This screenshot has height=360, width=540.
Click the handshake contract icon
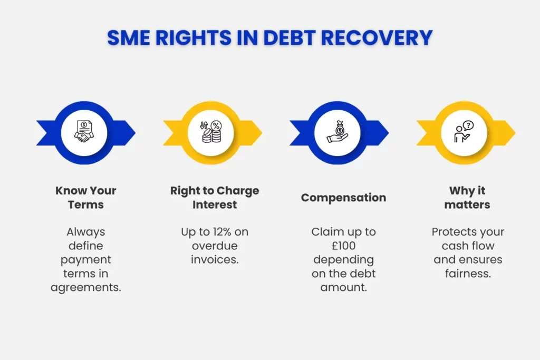tap(84, 132)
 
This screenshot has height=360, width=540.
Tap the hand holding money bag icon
tap(337, 132)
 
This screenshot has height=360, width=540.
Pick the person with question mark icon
tap(464, 132)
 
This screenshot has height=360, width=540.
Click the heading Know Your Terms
tap(86, 197)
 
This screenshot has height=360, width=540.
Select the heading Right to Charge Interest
tap(215, 197)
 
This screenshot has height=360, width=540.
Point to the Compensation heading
tap(343, 198)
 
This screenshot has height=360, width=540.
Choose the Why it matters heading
tap(467, 197)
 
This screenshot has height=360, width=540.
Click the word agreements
tap(86, 287)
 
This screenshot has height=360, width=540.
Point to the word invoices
tap(215, 260)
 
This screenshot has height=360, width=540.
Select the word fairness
tap(467, 274)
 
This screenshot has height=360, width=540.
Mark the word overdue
tap(215, 246)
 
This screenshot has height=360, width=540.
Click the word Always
tap(86, 232)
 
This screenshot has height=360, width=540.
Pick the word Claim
tap(326, 232)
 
